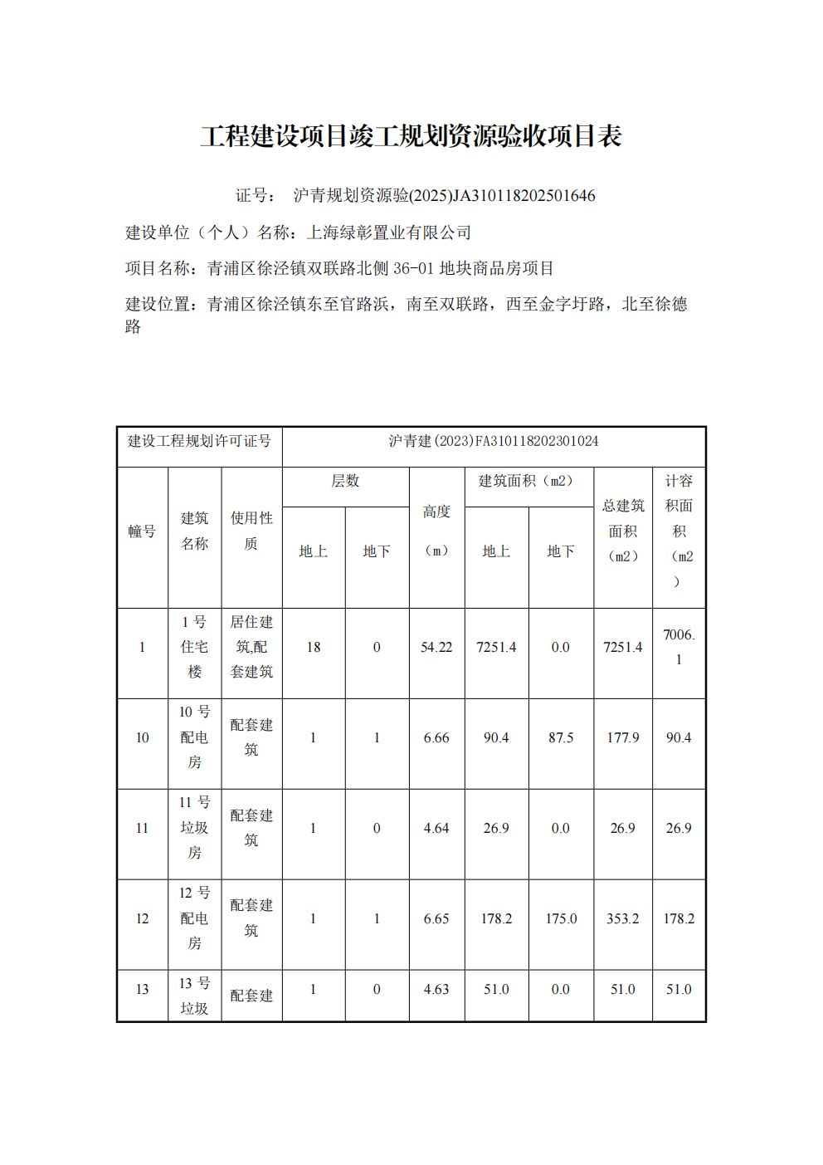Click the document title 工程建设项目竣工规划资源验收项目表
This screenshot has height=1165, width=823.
pos(411,136)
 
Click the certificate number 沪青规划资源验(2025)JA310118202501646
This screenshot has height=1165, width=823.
pos(444,196)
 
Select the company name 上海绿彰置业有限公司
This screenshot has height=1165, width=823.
pos(389,233)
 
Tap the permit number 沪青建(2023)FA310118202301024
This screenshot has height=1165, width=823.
pos(494,441)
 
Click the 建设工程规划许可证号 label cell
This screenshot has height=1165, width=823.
pos(199,441)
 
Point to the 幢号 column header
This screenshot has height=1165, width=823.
pos(142,531)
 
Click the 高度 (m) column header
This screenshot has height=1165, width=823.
pos(436,531)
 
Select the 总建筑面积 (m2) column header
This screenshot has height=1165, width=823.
pos(623,531)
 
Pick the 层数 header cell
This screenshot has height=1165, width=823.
pos(345,482)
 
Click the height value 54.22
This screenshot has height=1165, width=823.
pos(436,647)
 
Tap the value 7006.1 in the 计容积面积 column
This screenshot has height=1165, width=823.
pos(679,647)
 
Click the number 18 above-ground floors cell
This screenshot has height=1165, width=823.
pos(314,647)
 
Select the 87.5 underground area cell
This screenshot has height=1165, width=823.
pos(561,737)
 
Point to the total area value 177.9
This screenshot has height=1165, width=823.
pos(623,737)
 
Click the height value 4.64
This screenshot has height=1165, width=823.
pos(436,828)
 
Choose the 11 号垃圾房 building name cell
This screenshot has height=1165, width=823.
pos(195,828)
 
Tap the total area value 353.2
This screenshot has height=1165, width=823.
pos(623,918)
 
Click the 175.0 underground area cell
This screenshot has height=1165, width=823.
pos(561,918)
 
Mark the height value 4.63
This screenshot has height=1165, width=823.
pos(436,989)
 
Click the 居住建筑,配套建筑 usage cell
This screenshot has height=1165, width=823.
pos(251,647)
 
